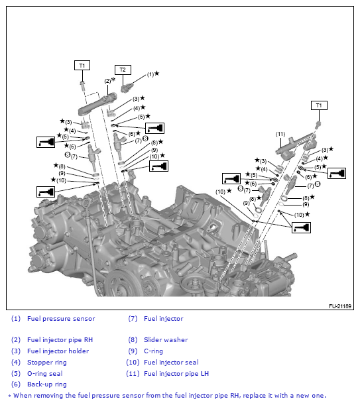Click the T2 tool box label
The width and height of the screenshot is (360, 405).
123,69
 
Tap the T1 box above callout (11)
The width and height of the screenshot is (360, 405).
319,105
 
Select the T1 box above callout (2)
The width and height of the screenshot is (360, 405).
82,66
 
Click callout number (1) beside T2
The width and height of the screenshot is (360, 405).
150,74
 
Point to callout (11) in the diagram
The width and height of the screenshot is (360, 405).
280,134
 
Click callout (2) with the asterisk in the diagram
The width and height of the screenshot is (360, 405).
108,81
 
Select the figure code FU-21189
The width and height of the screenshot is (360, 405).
339,306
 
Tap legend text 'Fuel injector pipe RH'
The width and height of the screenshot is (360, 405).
60,340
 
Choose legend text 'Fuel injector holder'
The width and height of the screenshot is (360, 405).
58,351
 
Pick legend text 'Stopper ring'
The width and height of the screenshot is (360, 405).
46,363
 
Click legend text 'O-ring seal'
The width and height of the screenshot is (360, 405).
45,374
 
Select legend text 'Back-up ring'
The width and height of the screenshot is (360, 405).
46,384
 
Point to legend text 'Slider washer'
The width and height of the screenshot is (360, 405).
166,340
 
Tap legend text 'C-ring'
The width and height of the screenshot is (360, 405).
154,351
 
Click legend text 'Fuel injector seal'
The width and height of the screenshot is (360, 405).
170,363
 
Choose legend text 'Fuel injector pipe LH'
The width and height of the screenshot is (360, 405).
176,374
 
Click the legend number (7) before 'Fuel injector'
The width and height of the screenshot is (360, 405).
132,319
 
